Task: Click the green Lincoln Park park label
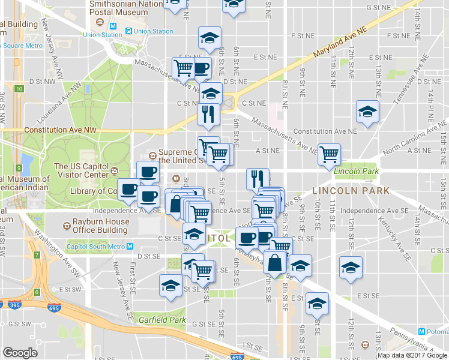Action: click(357, 172)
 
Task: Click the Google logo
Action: click(20, 353)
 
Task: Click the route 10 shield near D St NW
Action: click(19, 89)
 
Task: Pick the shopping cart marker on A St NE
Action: click(329, 154)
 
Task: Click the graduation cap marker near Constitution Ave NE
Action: click(367, 112)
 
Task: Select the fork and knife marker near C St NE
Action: click(208, 114)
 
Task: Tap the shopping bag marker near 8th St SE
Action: click(274, 263)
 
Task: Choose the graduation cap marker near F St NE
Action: click(209, 37)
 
